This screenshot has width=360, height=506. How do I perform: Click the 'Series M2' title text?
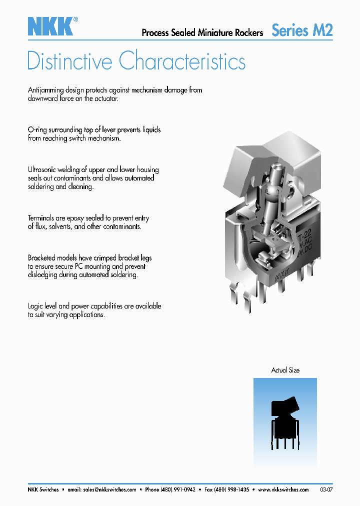[302, 30]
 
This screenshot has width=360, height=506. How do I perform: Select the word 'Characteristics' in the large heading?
[182, 61]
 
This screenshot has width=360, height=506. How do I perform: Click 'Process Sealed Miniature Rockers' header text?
[202, 32]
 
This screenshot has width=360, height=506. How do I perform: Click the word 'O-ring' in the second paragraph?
[37, 129]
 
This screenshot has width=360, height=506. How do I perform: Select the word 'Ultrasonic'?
[43, 169]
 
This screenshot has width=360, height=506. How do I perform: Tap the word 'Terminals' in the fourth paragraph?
[42, 218]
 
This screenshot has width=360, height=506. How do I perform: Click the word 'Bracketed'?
[43, 258]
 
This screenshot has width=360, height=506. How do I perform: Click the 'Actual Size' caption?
[285, 370]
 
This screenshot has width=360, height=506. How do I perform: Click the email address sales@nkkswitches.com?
[109, 489]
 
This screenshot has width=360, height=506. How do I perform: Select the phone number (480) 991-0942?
[177, 489]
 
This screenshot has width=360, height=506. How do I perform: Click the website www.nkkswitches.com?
[283, 489]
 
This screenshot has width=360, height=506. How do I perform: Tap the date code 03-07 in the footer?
[326, 489]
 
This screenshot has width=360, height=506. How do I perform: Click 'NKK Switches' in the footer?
[43, 489]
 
